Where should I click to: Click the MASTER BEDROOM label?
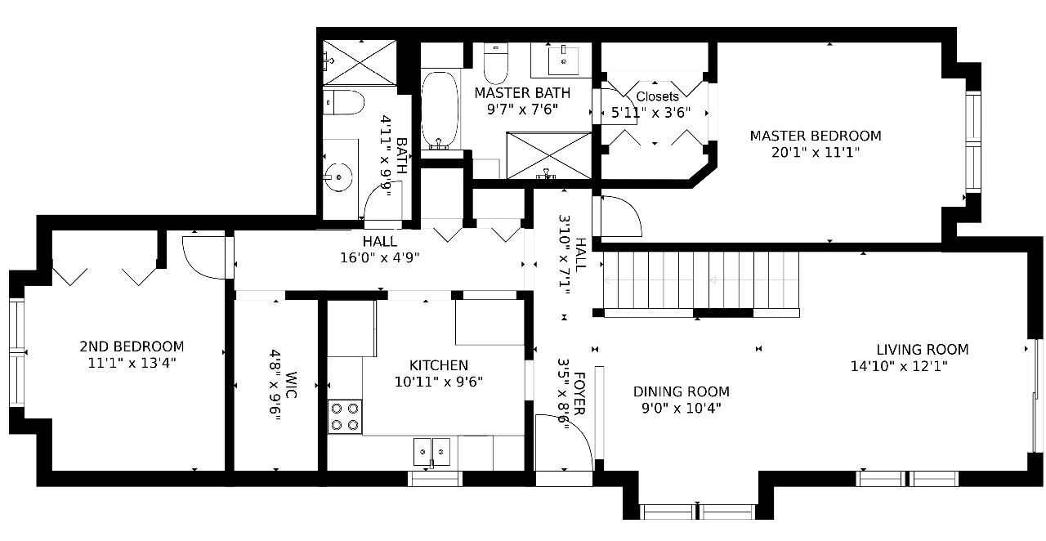click(x=816, y=136)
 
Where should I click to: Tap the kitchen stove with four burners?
click(x=345, y=417)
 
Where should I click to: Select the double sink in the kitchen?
click(x=431, y=452)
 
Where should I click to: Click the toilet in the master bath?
click(x=495, y=64)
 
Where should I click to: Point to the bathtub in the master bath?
click(x=440, y=110)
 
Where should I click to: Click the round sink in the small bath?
click(x=338, y=177)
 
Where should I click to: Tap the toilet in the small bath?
click(x=343, y=102)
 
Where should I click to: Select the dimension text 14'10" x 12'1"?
click(x=899, y=366)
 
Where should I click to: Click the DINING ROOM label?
click(x=682, y=391)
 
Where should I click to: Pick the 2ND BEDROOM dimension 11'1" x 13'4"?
click(x=132, y=363)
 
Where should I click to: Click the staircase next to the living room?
click(x=701, y=280)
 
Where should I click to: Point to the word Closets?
click(x=658, y=96)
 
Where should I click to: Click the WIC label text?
click(x=290, y=386)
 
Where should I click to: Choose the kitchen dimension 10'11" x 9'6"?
click(x=439, y=382)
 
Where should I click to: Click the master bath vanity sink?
click(x=564, y=60)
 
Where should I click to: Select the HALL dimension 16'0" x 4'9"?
click(x=380, y=258)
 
